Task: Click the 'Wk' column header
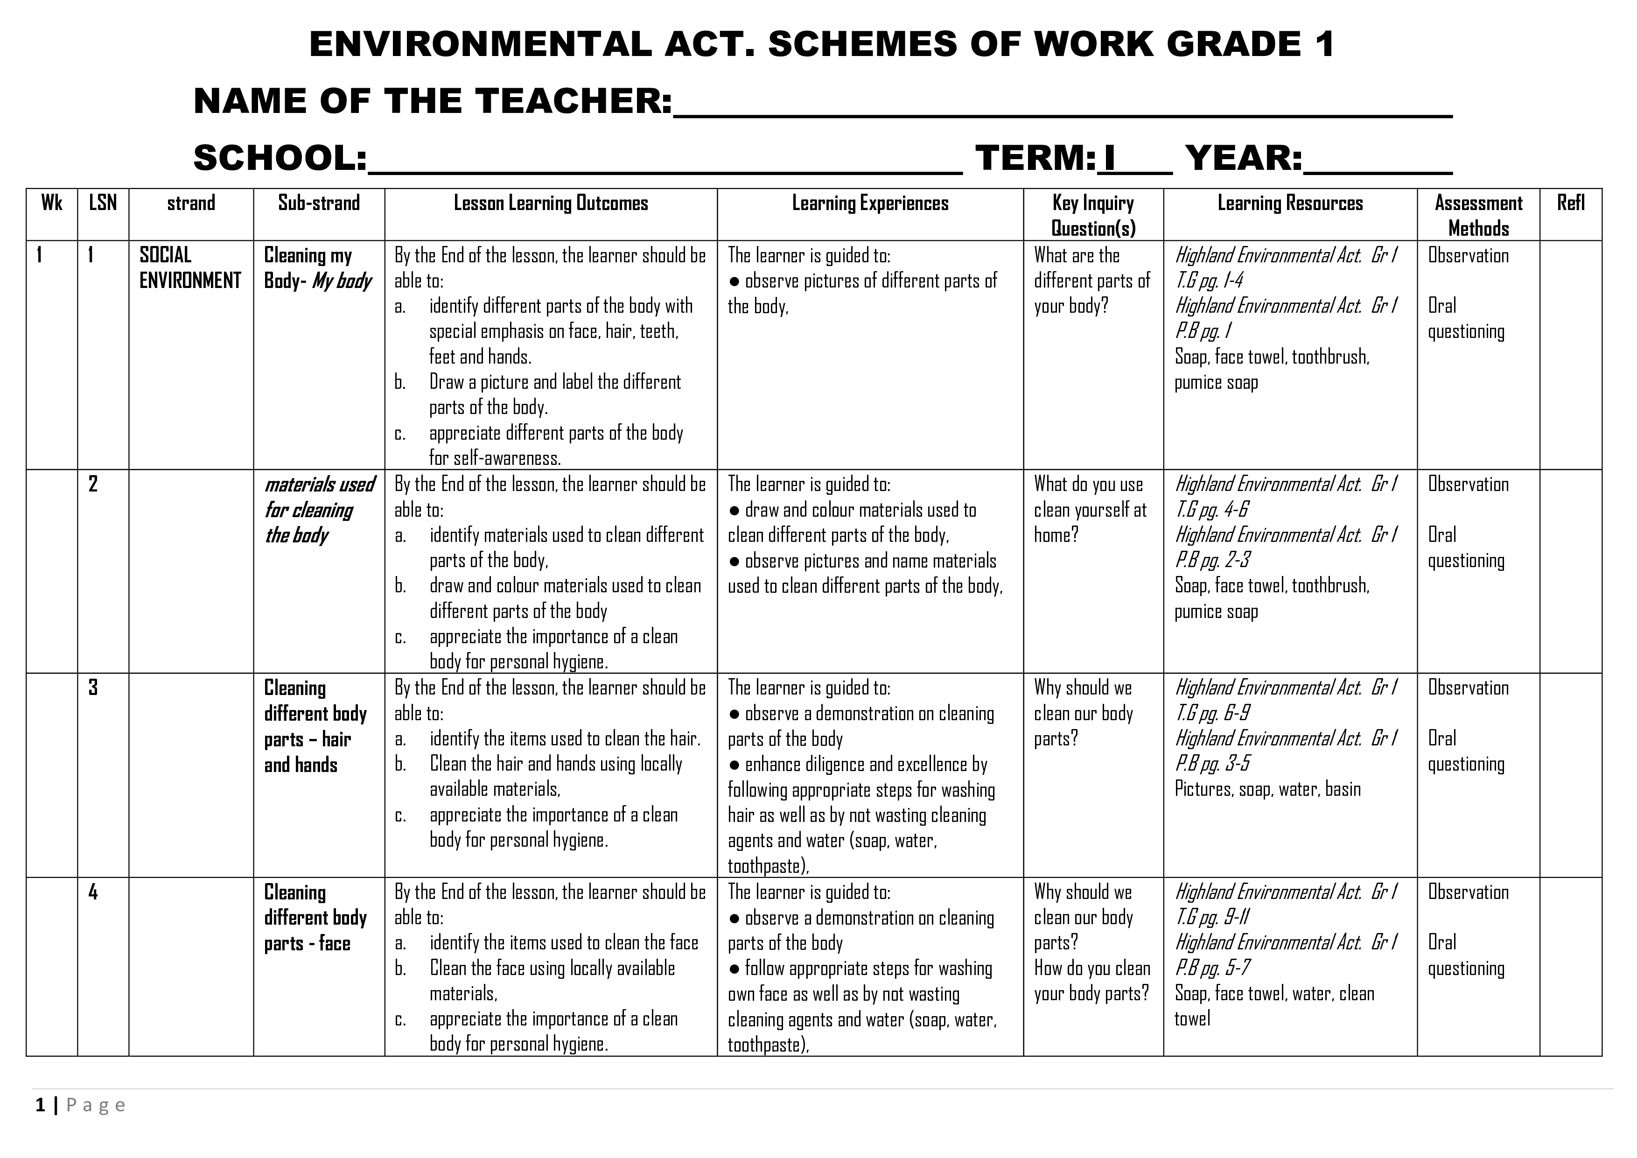[x=51, y=203]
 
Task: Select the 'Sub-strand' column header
[x=319, y=203]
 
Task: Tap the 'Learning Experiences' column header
[x=870, y=203]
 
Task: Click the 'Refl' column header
[x=1571, y=203]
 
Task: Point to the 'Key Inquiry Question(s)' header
[x=1093, y=215]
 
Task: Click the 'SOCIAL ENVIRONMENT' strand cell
[x=189, y=268]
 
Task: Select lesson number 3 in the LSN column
[x=93, y=688]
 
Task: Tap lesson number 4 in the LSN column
[x=93, y=892]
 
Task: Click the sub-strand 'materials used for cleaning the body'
[x=319, y=510]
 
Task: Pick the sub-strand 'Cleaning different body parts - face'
[x=315, y=918]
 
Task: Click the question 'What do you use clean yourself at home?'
[x=1090, y=510]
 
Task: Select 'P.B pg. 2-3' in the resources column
[x=1212, y=561]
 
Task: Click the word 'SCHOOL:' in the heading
[x=280, y=158]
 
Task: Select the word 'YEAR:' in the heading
[x=1244, y=158]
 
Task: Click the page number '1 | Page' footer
[x=80, y=1106]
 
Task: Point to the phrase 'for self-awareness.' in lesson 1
[x=495, y=458]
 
